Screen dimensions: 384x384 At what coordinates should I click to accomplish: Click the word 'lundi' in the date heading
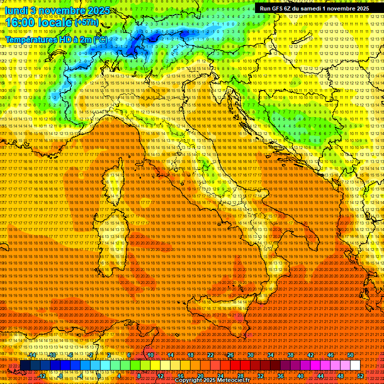point(15,10)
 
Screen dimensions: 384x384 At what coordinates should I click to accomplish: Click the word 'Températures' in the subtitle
point(31,39)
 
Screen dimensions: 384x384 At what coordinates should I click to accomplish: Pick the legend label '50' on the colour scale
point(350,355)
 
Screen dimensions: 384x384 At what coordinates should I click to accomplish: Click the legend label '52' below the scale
point(360,376)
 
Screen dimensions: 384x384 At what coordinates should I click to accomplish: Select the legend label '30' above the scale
point(250,355)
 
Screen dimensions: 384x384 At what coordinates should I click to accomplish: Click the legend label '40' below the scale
point(300,376)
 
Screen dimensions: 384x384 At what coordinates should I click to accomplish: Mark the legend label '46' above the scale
point(330,355)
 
